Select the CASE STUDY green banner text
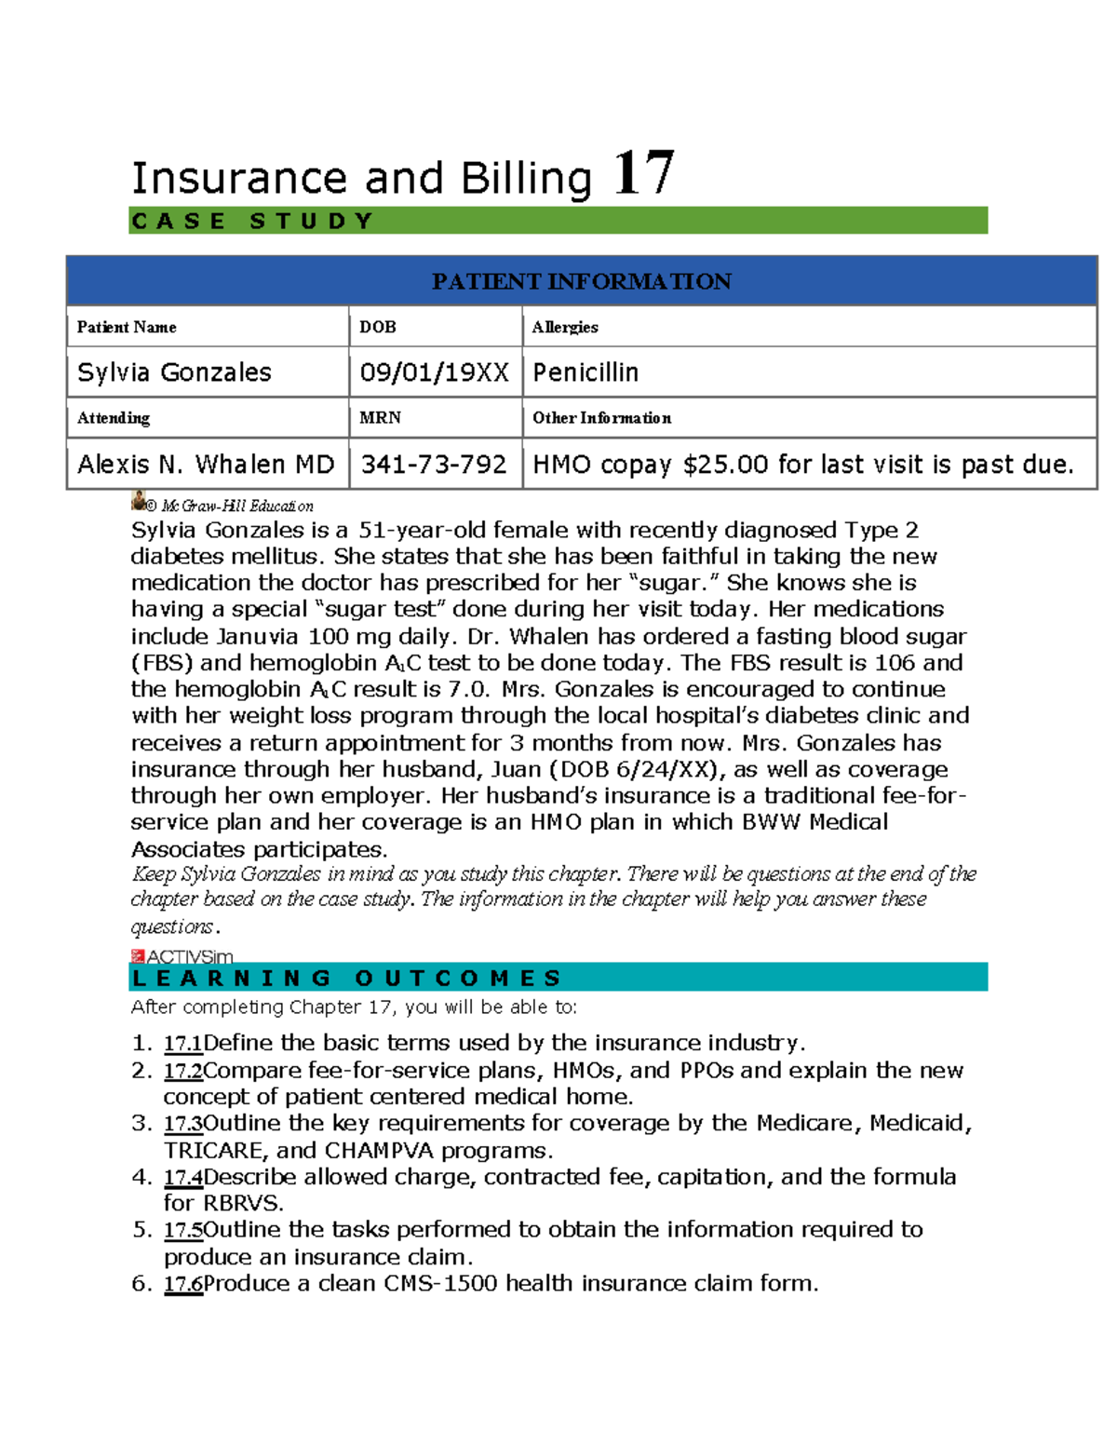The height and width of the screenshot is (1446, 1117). pos(252,222)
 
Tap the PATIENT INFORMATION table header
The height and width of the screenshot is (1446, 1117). pos(581,281)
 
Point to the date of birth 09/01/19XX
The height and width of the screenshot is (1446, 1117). pos(434,372)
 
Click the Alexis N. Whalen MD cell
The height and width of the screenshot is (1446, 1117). pos(206,464)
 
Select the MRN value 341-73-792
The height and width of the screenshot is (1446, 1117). pos(434,464)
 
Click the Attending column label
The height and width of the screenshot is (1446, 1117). pos(114,418)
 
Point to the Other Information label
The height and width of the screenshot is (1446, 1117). pos(601,418)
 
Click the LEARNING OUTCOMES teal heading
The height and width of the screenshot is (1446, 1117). pos(346,978)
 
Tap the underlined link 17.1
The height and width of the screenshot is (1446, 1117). pos(182,1043)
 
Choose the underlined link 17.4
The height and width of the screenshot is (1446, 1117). pos(182,1177)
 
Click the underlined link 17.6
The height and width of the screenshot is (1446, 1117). pos(182,1284)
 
